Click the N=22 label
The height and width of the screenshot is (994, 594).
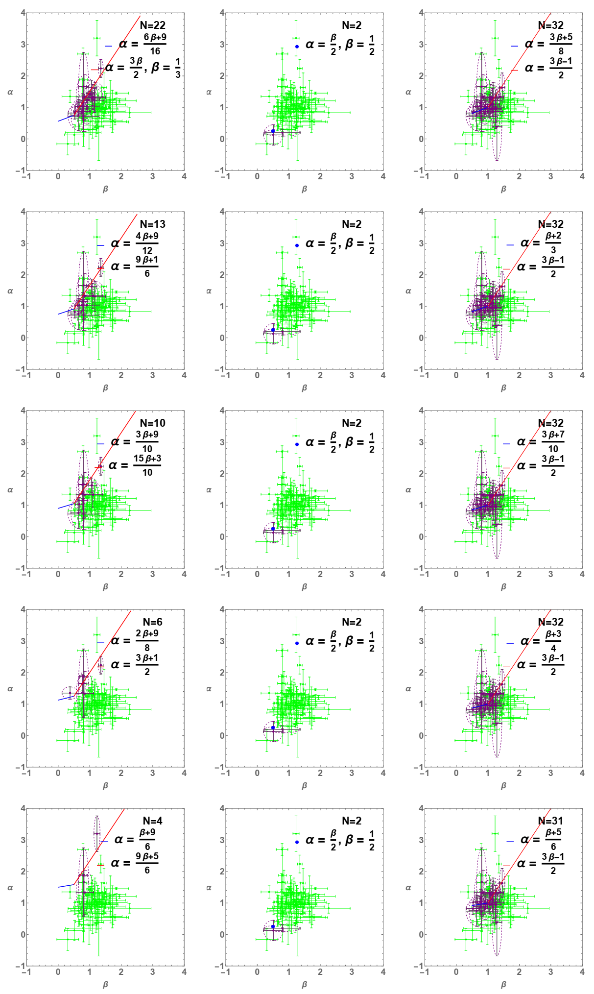tap(153, 25)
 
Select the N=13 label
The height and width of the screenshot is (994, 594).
tap(153, 224)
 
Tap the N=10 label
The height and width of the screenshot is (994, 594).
tap(153, 423)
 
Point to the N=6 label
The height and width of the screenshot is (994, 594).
tap(153, 622)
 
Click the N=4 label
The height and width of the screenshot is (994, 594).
tap(153, 821)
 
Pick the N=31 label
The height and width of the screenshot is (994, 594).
tap(550, 821)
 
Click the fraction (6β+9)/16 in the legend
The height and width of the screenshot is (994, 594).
tap(155, 44)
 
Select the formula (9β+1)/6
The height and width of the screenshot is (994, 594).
tap(147, 267)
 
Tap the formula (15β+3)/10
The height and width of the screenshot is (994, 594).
tap(147, 465)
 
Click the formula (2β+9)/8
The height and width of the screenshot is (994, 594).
tap(147, 640)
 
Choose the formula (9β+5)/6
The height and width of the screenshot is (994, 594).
tap(147, 863)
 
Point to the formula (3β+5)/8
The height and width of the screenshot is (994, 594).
tap(561, 44)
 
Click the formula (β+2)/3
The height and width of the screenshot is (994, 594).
tap(553, 243)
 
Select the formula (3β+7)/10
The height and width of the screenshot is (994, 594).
tap(553, 442)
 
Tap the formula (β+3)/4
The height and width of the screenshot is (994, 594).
tap(553, 641)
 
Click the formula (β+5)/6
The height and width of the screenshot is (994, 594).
tap(553, 840)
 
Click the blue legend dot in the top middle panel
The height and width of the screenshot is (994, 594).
tap(297, 47)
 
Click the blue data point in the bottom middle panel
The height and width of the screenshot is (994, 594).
tap(273, 927)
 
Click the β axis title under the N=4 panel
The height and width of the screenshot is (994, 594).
tap(105, 984)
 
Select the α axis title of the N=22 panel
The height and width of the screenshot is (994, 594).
tap(10, 92)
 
